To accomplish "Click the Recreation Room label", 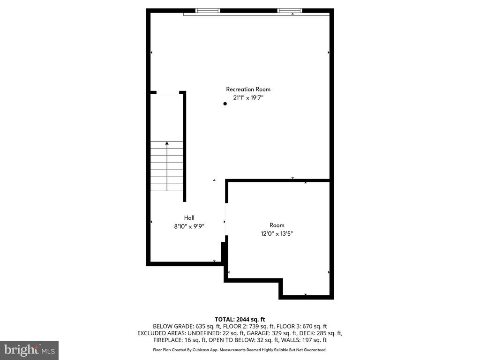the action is (248, 90).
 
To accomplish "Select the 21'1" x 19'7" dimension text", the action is (248, 98).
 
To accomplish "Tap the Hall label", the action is (189, 218).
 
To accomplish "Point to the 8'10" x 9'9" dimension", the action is (189, 226).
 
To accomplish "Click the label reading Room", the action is (277, 225).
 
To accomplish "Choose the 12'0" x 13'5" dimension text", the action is (277, 234).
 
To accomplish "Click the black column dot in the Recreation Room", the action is (225, 104).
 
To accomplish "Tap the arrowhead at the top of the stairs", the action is (167, 143).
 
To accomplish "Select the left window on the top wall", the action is (208, 11).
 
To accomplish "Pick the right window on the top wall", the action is (290, 11).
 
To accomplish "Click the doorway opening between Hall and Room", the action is (226, 219).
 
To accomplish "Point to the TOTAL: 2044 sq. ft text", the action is (240, 320).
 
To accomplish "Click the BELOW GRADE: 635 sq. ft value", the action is (187, 326).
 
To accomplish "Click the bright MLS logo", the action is (30, 350).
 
